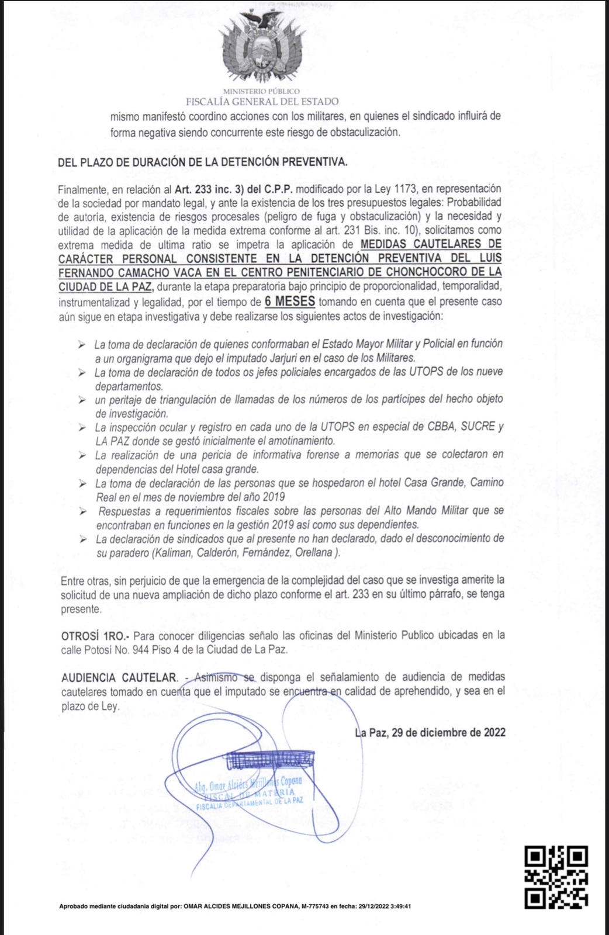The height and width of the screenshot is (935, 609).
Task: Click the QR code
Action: coord(555,877)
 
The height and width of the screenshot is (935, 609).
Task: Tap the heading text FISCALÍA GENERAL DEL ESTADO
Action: coord(262,102)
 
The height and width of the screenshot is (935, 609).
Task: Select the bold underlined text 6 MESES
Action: coord(290,302)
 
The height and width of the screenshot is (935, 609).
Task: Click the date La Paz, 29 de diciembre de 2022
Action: coord(430,732)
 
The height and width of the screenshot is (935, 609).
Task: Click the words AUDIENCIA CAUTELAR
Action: coord(119,677)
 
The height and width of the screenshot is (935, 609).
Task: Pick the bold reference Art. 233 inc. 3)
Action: coord(210,189)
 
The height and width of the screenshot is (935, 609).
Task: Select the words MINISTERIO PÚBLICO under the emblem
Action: coord(261,91)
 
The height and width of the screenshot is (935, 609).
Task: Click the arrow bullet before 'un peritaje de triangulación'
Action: coord(82,400)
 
